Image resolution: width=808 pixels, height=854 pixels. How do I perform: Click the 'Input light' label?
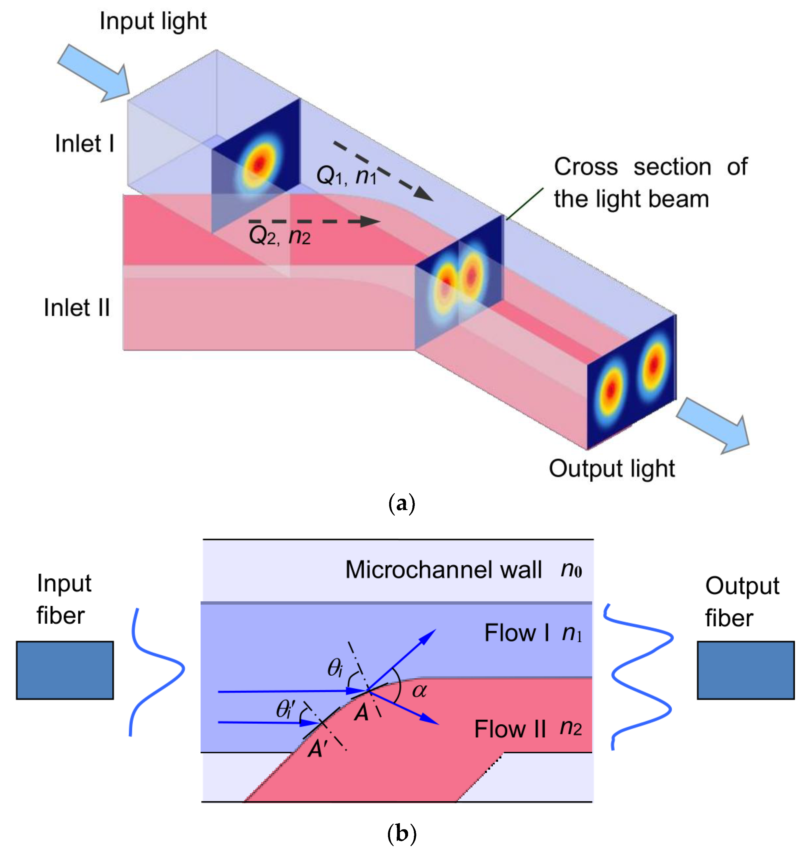click(153, 22)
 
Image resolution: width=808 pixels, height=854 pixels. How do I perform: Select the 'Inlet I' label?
click(84, 143)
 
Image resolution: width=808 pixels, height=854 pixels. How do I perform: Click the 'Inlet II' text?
click(77, 308)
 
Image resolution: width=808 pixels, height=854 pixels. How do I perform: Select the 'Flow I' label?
click(517, 633)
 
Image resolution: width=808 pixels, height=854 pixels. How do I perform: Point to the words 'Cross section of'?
click(650, 167)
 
